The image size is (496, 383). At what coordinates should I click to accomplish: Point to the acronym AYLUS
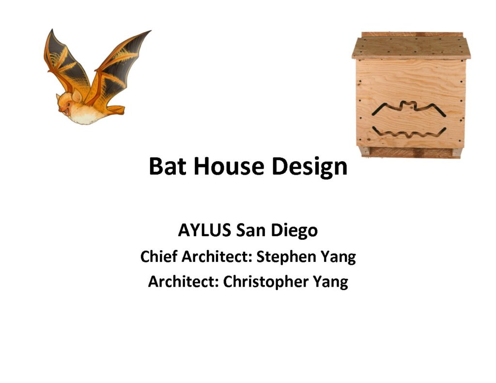click(204, 230)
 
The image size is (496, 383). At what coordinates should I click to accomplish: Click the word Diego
click(294, 231)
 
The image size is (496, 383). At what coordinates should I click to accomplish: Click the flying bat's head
click(68, 103)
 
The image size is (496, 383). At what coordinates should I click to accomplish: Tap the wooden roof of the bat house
click(411, 46)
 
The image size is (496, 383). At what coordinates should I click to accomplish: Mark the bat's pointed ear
click(77, 95)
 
